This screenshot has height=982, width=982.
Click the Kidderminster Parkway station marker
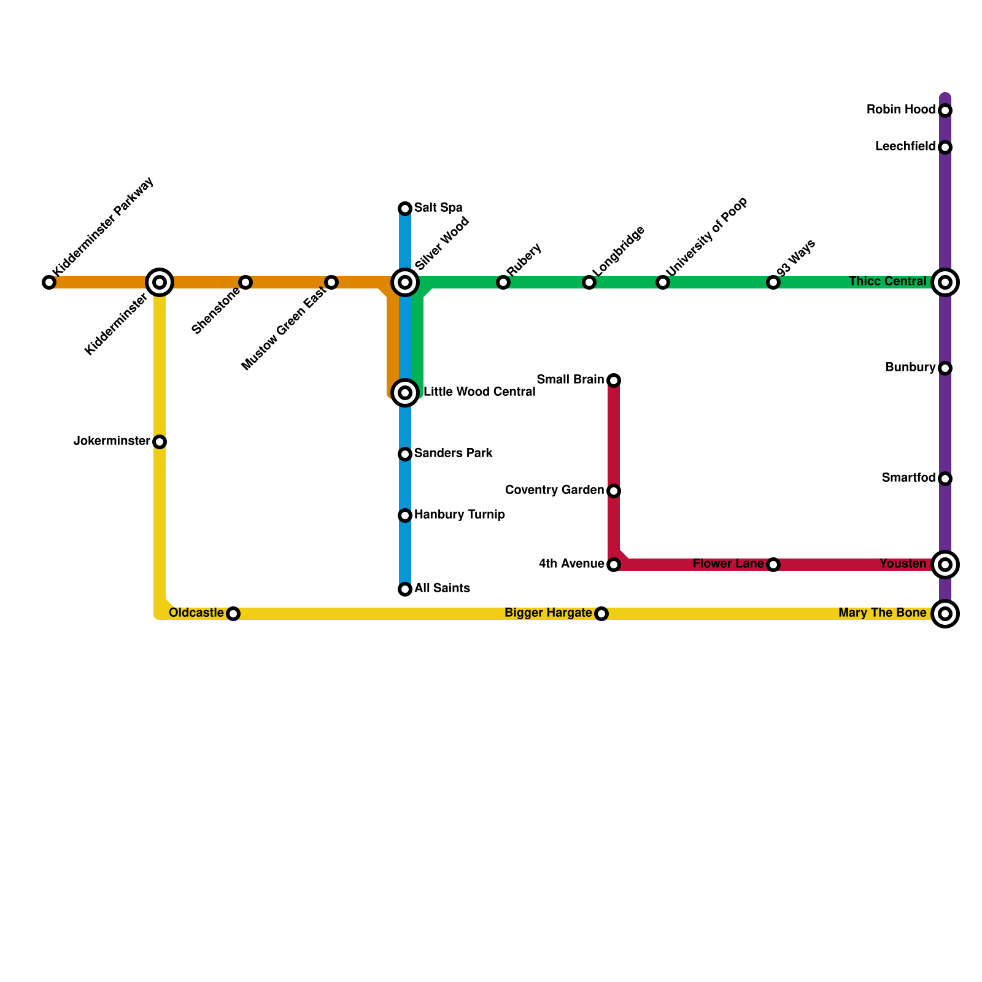point(49,282)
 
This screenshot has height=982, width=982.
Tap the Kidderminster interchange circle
point(160,282)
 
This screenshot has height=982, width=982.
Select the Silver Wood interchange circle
point(405,282)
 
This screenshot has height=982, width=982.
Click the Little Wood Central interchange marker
point(405,392)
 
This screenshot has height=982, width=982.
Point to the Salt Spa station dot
point(405,209)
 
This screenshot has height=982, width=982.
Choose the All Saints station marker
point(405,589)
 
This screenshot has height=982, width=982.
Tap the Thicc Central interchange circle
point(945,282)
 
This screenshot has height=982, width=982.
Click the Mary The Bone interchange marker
point(945,614)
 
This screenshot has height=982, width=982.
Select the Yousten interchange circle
point(945,565)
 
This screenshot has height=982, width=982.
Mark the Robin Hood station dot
point(945,110)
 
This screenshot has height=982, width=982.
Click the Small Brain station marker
point(614,381)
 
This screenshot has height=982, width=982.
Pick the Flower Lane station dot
point(773,565)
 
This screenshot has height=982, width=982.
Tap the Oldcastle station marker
point(233,614)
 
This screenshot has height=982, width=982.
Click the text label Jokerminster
point(112,441)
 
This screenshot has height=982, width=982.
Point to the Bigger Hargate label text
point(548,613)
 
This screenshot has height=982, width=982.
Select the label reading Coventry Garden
point(554,490)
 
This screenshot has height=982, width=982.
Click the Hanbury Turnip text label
point(460,515)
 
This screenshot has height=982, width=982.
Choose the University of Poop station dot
point(663,282)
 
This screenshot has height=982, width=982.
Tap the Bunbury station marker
point(945,368)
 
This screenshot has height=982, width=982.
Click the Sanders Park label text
point(454,454)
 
